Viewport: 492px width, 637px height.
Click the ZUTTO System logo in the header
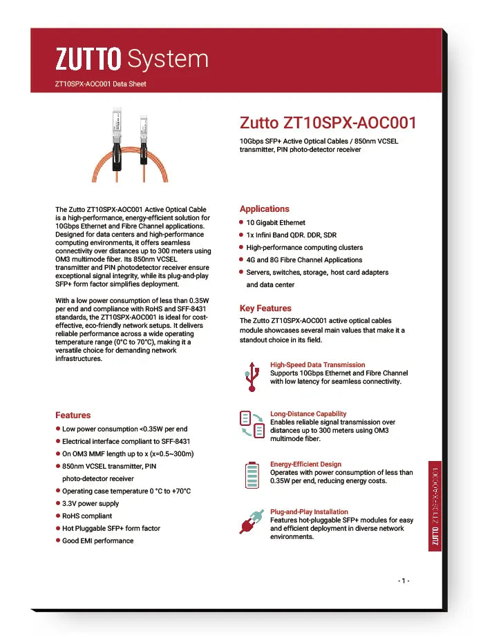131,59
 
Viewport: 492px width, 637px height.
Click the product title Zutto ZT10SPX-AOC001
328,123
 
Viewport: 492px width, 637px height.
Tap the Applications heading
264,208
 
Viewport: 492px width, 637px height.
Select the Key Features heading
265,308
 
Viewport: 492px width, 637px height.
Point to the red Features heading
73,415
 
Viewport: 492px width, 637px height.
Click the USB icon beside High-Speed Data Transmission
251,375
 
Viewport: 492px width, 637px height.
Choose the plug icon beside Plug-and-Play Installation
251,521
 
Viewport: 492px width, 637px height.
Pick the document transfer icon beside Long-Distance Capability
252,424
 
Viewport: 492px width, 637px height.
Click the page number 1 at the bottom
404,580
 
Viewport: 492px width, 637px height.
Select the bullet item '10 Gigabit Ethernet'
275,223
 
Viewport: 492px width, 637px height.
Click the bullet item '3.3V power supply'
90,503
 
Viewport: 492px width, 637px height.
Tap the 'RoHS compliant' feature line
86,516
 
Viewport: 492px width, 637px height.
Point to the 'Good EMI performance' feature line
97,540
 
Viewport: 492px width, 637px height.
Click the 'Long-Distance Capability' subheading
308,414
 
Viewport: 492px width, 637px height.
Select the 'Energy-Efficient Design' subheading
305,464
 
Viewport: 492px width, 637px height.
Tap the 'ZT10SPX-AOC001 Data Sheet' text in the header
100,84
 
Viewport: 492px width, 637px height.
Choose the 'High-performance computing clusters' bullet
304,248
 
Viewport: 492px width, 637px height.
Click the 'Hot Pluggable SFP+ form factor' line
111,528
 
